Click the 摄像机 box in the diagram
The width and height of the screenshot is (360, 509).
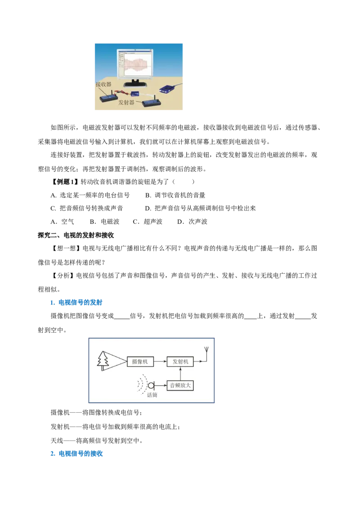coord(140,362)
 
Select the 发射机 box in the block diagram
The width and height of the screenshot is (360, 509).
coord(180,362)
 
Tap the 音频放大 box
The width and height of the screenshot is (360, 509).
coord(180,385)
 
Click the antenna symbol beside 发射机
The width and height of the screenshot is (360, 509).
coord(206,354)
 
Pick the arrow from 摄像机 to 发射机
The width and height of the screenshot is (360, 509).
coord(160,362)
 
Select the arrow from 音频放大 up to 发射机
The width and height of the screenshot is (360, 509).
coord(180,373)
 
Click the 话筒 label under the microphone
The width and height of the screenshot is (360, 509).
coord(152,395)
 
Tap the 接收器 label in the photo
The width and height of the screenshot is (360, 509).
coord(103,85)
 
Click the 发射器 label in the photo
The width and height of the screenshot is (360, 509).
coord(126,103)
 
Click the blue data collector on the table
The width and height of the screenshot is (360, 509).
coord(168,89)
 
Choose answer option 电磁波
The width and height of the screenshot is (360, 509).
coord(104,222)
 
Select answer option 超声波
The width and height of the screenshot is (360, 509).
coord(148,222)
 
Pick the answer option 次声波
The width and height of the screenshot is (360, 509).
coord(192,222)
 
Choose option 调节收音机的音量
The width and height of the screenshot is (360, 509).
coord(175,195)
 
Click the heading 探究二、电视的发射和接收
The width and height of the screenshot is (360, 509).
coord(76,235)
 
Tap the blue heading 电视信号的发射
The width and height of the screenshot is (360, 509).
coord(76,303)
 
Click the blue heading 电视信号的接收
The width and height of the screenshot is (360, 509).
coord(76,454)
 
